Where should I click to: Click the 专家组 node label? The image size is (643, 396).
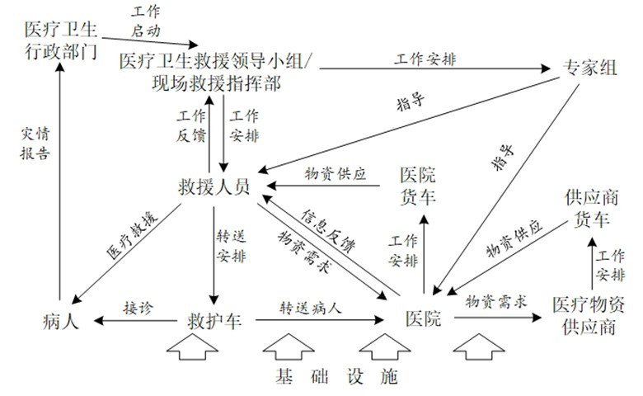coord(589,68)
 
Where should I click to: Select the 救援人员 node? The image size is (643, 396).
coord(214,187)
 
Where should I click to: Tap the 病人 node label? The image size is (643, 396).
coord(60,320)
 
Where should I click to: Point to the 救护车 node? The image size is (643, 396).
coord(214,320)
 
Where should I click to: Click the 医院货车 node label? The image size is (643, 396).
coord(418,186)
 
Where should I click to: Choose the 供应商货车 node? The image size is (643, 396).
coord(591,208)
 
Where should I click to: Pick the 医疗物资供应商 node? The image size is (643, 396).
coord(589,316)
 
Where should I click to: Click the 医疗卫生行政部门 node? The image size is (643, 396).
coord(61,40)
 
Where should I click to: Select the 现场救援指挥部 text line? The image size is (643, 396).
coord(216,83)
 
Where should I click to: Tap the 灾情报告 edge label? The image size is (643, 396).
coord(35,144)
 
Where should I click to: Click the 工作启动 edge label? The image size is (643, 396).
coord(146,21)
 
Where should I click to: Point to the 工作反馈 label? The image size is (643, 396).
coord(190,125)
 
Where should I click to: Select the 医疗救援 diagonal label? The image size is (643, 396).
coord(132,235)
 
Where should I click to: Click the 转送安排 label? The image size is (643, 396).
coord(232,246)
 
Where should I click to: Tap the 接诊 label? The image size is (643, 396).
coord(138,308)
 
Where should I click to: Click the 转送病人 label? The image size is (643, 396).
coord(311,308)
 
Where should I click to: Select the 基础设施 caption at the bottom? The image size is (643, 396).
coord(336,376)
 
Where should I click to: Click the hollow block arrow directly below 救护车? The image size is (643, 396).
coord(192,346)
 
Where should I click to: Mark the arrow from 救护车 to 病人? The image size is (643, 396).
coord(136,320)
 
